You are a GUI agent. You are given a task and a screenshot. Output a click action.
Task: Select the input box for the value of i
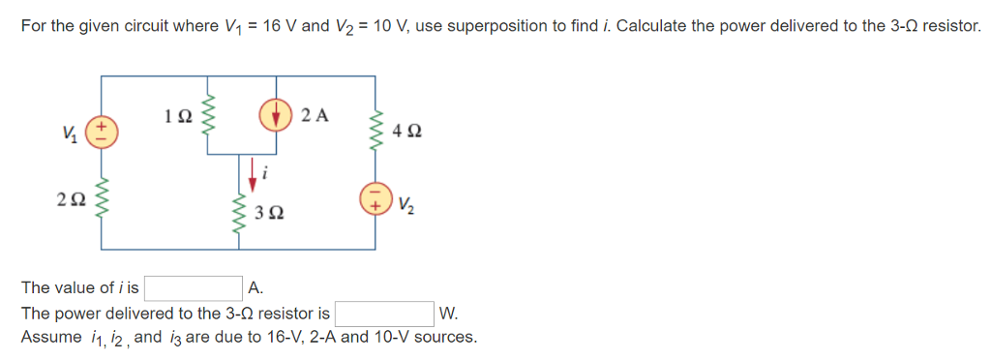click(193, 287)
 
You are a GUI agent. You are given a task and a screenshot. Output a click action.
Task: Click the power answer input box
click(383, 314)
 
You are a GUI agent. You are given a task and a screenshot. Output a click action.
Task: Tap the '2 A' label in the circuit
click(315, 116)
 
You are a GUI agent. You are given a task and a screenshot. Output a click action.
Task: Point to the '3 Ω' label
click(269, 212)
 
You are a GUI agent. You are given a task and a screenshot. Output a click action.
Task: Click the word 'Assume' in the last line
click(51, 337)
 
